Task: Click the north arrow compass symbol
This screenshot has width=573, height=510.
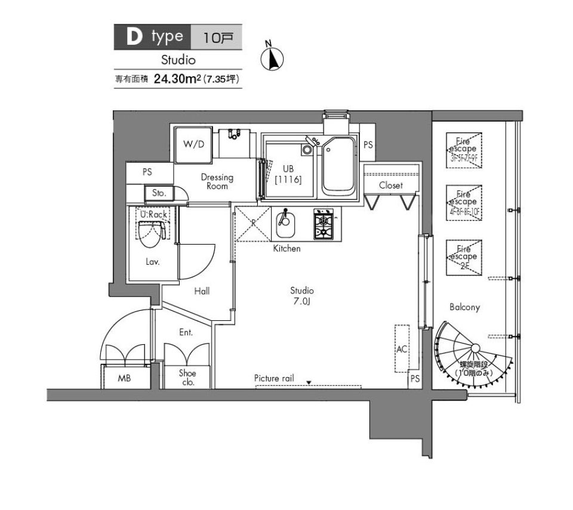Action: [x=272, y=58]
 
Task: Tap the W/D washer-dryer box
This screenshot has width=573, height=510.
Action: [x=193, y=144]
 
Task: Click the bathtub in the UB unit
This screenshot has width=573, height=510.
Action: [x=338, y=165]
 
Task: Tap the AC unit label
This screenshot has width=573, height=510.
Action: [x=402, y=349]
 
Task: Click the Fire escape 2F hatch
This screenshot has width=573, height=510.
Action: [x=464, y=257]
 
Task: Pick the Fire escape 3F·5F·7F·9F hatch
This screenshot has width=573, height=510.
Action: [x=464, y=149]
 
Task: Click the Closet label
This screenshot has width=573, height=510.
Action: [x=391, y=186]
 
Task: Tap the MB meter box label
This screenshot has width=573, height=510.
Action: [x=125, y=378]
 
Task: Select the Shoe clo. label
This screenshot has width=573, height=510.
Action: [x=187, y=378]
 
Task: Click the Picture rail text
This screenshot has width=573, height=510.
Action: [x=274, y=378]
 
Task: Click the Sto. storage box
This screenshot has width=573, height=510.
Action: [x=159, y=193]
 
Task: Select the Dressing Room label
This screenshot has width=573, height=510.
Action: [x=217, y=181]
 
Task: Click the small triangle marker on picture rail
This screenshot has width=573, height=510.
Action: [x=309, y=383]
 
